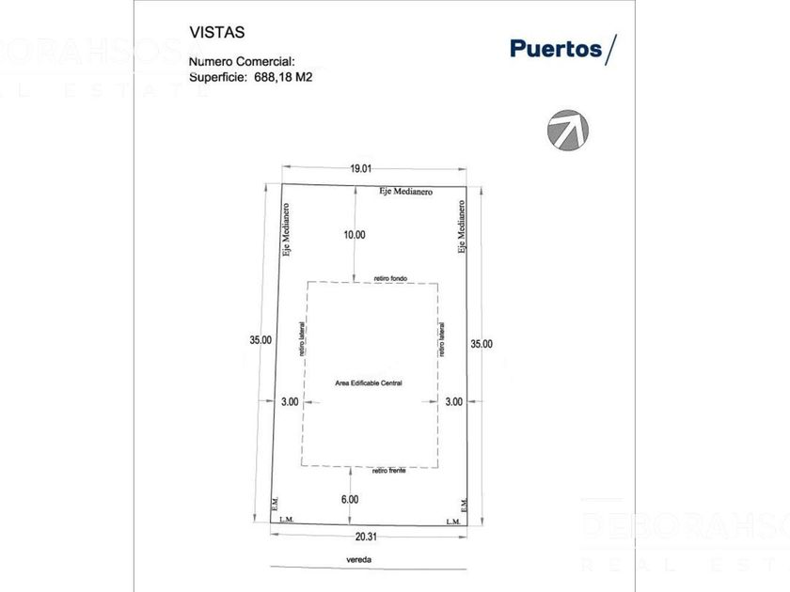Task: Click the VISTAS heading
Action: tap(217, 32)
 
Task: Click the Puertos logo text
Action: tap(556, 48)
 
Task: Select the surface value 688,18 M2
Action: tap(282, 79)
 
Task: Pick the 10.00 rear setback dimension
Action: tap(355, 235)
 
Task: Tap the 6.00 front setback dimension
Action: tap(349, 499)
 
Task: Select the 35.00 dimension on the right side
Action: tap(481, 344)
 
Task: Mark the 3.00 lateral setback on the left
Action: tap(289, 401)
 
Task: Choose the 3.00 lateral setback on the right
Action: tap(453, 401)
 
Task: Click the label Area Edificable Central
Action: tap(370, 383)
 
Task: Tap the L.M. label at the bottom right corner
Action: tap(452, 521)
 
